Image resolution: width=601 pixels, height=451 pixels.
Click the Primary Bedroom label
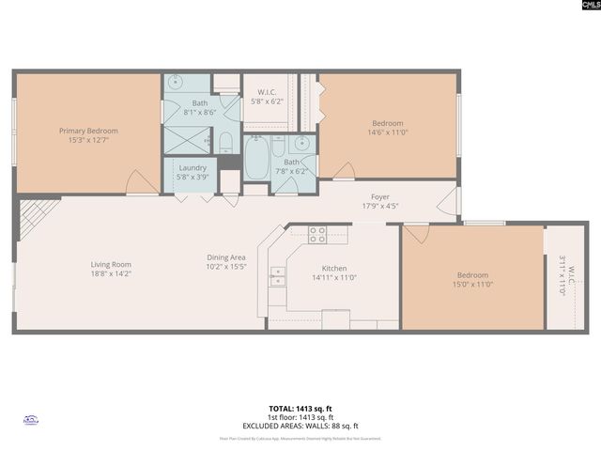pyautogui.click(x=88, y=131)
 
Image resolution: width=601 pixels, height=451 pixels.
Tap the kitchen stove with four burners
pyautogui.click(x=317, y=235)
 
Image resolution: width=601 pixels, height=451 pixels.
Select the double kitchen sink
pyautogui.click(x=277, y=275)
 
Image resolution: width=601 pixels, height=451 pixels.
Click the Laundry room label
pyautogui.click(x=193, y=168)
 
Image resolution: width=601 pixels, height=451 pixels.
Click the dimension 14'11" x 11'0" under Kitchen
pyautogui.click(x=334, y=277)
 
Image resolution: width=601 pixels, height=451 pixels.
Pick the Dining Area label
pyautogui.click(x=226, y=257)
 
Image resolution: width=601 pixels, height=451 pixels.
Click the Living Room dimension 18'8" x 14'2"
pyautogui.click(x=111, y=275)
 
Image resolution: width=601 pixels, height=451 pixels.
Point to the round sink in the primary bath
pyautogui.click(x=177, y=83)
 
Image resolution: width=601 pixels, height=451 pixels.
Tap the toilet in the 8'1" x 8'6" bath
pyautogui.click(x=225, y=143)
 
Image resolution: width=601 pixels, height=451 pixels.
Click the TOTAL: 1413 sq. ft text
pyautogui.click(x=300, y=409)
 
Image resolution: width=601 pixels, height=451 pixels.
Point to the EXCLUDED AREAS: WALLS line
pyautogui.click(x=300, y=425)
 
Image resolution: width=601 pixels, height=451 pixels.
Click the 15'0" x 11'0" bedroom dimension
pyautogui.click(x=473, y=284)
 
